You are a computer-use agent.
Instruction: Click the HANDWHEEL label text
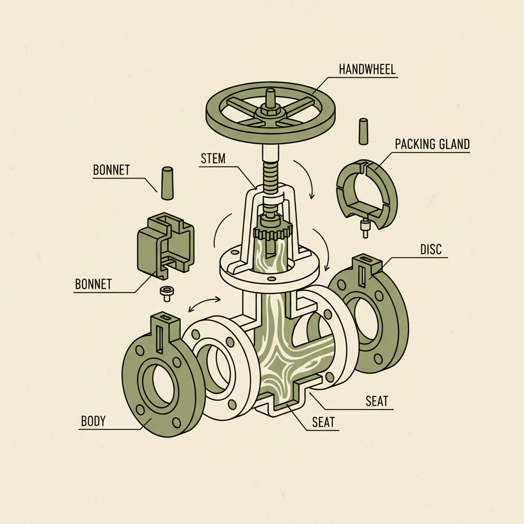[367, 69]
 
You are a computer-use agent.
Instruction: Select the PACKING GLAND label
[432, 144]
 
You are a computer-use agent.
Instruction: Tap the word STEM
[213, 158]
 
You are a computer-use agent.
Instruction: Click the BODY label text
[93, 422]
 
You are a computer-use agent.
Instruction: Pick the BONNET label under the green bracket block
[93, 284]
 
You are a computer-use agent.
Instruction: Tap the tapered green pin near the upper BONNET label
[167, 183]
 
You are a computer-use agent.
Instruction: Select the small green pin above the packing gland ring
[363, 131]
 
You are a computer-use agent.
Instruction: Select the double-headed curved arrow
[205, 303]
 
